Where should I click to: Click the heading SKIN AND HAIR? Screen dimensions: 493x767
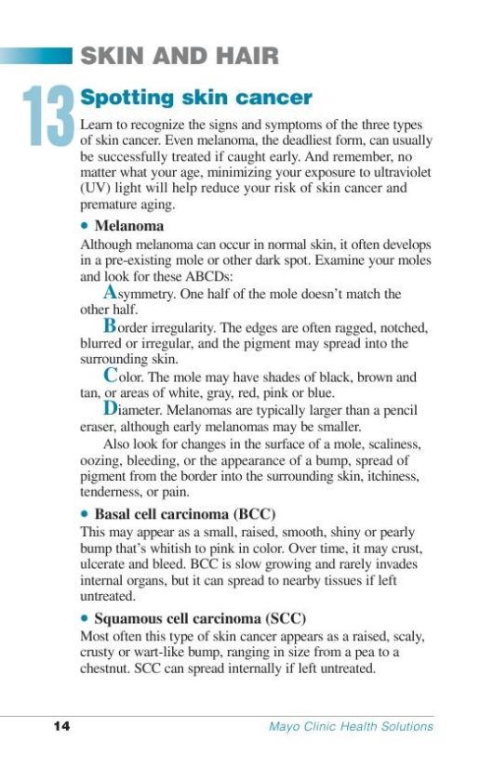coord(180,56)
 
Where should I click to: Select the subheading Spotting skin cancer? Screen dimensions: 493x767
coord(196,98)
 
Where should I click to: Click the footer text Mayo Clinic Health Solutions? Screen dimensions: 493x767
coord(344,726)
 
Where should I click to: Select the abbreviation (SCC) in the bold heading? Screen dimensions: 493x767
coord(286,617)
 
